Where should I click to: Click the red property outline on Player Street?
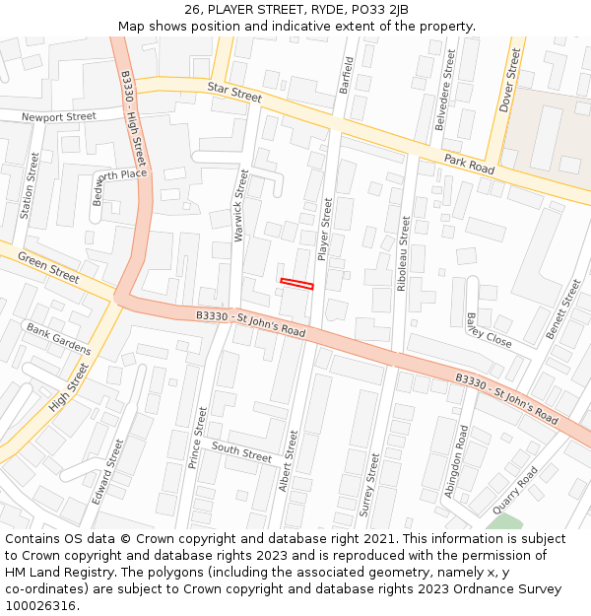pos(296,284)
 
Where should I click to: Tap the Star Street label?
pos(234,93)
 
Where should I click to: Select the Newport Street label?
pos(61,116)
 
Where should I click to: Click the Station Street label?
pos(30,185)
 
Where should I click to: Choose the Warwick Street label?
pos(241,205)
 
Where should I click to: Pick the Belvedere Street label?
pos(446,91)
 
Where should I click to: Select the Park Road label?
pos(469,164)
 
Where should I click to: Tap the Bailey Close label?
pos(489,330)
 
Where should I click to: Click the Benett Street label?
pos(563,309)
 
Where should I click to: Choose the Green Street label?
pos(48,266)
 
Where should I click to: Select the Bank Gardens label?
pos(58,338)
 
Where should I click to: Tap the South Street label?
pos(241,452)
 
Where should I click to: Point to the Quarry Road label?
pos(515,490)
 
